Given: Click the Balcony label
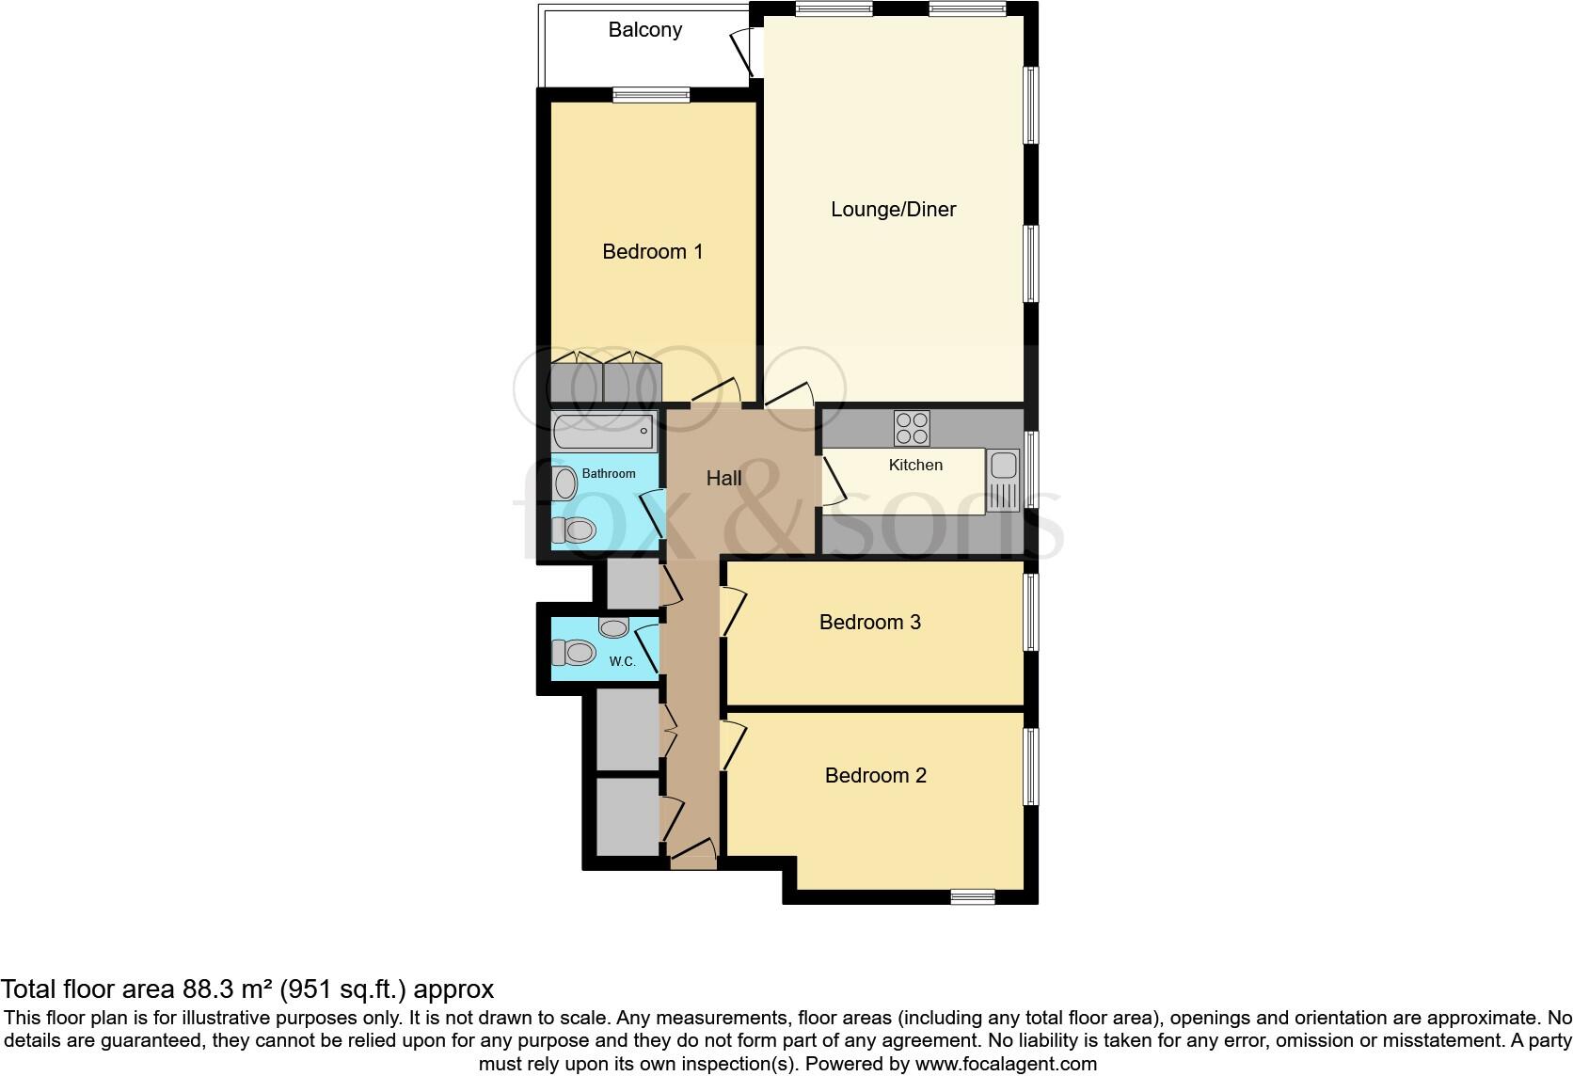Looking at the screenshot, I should click(644, 30).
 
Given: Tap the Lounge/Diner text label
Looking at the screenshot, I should click(893, 210).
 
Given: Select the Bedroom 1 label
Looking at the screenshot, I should click(652, 252).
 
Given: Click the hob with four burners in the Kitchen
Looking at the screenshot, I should click(912, 428).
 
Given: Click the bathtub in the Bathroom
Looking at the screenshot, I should click(603, 433).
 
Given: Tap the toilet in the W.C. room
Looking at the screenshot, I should click(574, 652).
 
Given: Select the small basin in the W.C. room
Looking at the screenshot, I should click(614, 627).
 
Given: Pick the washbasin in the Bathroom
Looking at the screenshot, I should click(565, 483).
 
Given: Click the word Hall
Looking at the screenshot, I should click(723, 479).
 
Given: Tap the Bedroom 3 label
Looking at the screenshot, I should click(869, 623).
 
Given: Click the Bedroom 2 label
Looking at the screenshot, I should click(875, 776).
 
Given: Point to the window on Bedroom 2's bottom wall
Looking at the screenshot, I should click(972, 896).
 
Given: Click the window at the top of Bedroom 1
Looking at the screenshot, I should click(650, 94).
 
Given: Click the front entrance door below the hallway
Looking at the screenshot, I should click(693, 854).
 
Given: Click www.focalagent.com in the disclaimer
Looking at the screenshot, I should click(1006, 1065).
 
